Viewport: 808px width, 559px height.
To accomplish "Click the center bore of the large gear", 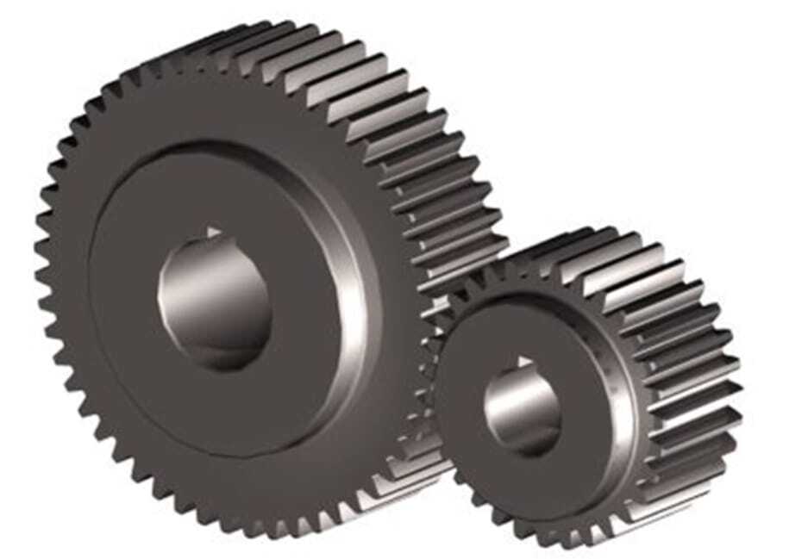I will [216, 297].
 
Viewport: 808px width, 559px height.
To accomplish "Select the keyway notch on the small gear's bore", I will [522, 362].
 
